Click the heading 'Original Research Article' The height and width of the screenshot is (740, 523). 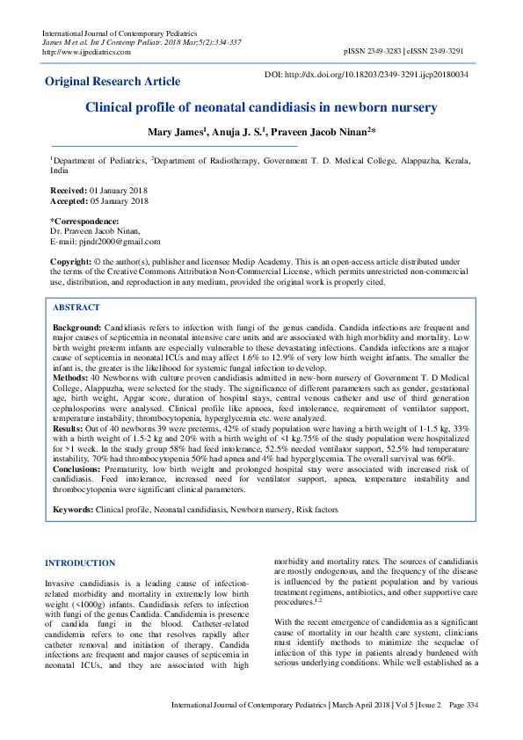(x=113, y=82)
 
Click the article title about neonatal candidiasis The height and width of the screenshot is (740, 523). (x=260, y=109)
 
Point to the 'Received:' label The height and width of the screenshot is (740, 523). (x=68, y=191)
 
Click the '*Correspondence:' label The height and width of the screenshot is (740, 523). (x=84, y=221)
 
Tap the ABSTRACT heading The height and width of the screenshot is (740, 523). (x=76, y=308)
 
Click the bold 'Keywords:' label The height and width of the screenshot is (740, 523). (x=73, y=510)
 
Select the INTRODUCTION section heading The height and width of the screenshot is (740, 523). (x=80, y=562)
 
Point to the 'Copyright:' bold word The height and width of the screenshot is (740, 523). (x=71, y=262)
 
